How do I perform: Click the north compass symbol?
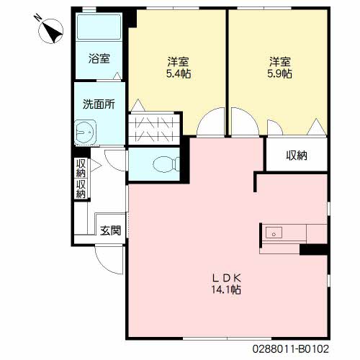(50, 31)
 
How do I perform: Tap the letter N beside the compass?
(37, 17)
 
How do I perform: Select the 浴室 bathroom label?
(99, 58)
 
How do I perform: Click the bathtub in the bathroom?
(99, 27)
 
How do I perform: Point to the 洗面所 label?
(99, 104)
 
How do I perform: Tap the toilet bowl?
(166, 164)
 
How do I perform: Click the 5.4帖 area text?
(179, 73)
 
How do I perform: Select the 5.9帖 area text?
(279, 73)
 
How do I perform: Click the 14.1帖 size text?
(226, 289)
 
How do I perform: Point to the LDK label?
(226, 278)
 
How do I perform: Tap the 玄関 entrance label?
(110, 230)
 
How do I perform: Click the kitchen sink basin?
(274, 233)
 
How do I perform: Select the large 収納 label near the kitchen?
(297, 156)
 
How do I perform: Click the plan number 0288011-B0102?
(290, 348)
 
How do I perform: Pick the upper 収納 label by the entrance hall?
(81, 168)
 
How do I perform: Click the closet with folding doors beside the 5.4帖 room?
(154, 129)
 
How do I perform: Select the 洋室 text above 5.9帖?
(280, 62)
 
